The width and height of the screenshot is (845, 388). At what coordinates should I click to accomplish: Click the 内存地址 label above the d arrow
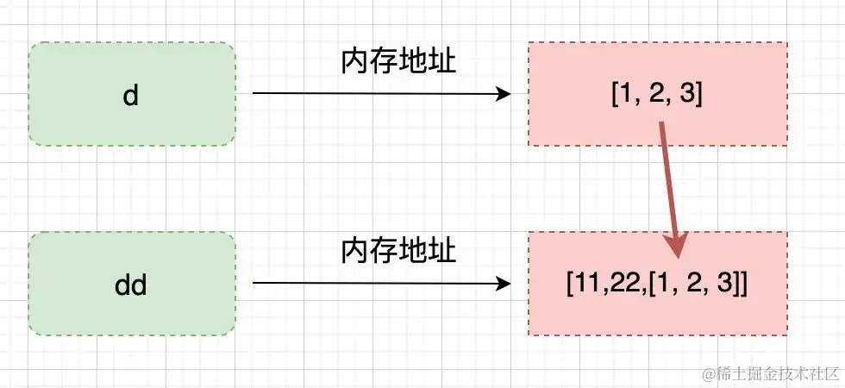(x=397, y=62)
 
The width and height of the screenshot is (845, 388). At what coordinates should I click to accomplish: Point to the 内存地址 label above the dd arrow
(x=397, y=251)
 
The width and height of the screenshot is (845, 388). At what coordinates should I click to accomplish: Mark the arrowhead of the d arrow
(x=505, y=94)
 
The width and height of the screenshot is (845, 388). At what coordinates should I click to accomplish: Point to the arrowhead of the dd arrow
(x=505, y=283)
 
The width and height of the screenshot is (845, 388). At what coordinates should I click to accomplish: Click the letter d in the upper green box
(x=131, y=94)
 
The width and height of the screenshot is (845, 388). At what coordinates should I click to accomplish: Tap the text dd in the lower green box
(x=131, y=284)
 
